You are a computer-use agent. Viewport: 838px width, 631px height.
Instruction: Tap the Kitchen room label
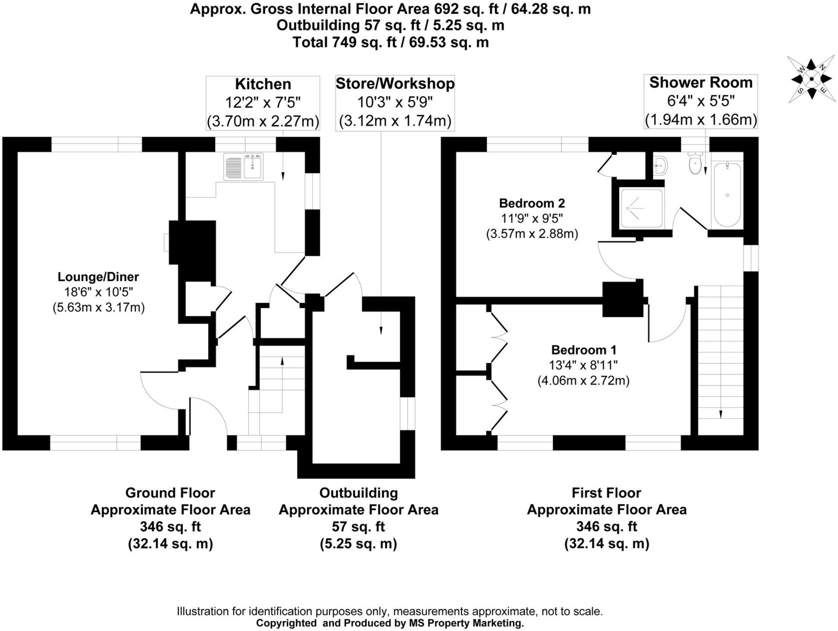[263, 84]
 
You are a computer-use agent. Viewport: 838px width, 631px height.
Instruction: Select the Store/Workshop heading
[395, 83]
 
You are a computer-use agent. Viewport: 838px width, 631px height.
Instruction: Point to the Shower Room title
[701, 83]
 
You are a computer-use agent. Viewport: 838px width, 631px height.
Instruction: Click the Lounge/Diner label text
[98, 277]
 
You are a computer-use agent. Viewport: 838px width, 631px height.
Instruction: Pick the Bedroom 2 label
[532, 203]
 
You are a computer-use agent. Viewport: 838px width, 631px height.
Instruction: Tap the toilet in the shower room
[695, 162]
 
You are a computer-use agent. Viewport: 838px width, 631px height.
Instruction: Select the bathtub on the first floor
[728, 195]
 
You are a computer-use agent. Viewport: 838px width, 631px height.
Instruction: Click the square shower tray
[642, 209]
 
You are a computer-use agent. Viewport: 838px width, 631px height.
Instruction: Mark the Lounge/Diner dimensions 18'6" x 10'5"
[98, 292]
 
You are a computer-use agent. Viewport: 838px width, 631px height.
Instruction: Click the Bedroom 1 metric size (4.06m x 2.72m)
[583, 381]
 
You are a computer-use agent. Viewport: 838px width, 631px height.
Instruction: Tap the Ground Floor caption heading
[170, 493]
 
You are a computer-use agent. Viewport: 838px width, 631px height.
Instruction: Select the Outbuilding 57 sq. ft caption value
[358, 527]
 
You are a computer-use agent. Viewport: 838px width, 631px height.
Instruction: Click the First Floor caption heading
[606, 493]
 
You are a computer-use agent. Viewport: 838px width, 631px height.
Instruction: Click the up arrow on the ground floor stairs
[282, 361]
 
